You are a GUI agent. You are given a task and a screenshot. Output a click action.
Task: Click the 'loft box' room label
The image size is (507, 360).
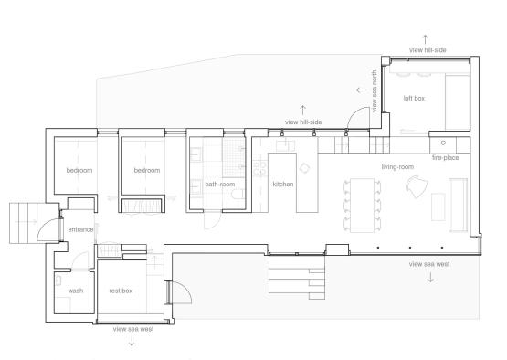(414, 98)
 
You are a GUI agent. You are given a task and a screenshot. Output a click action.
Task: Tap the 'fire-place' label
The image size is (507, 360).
(445, 158)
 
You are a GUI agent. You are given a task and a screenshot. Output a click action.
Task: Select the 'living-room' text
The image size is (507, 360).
(397, 167)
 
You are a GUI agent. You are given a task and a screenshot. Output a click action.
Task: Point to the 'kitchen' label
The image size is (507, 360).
(283, 184)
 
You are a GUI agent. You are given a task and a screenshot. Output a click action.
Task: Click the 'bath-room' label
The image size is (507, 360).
(220, 184)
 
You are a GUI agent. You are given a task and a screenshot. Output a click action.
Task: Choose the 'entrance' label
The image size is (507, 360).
(80, 229)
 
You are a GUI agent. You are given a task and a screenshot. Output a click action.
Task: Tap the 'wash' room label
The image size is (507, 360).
(76, 291)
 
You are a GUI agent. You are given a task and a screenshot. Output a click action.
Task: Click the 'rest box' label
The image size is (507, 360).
(121, 291)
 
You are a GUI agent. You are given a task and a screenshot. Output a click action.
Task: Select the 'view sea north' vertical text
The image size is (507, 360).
(375, 91)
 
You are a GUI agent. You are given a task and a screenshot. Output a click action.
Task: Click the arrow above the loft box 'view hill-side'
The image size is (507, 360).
(425, 39)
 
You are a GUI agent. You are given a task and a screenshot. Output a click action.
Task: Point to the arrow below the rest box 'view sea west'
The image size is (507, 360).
(132, 341)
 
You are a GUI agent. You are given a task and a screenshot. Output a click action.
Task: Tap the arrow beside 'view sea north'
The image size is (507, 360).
(361, 90)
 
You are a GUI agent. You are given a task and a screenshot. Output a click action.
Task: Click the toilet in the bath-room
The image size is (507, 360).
(238, 194)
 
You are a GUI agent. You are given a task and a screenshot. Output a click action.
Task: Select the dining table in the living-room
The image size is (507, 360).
(362, 205)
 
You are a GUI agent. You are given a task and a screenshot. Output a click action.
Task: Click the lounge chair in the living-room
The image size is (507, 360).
(417, 186)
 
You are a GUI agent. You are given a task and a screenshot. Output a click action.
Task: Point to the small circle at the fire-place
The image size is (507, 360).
(443, 143)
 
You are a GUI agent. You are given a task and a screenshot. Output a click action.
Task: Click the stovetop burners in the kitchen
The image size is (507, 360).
(260, 168)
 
